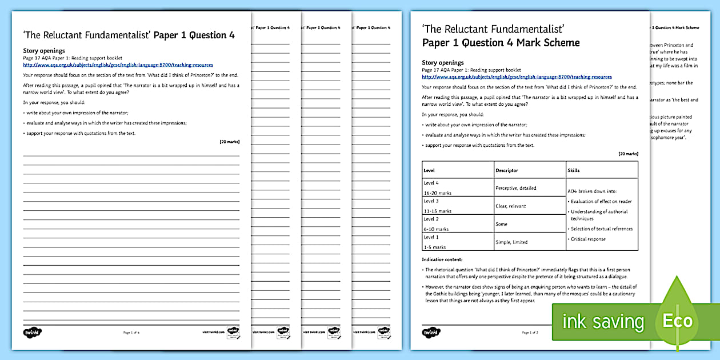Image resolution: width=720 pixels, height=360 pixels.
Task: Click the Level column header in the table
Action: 429,170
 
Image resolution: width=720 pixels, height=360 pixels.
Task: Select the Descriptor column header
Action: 507,170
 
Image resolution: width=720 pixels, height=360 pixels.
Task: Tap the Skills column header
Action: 574,170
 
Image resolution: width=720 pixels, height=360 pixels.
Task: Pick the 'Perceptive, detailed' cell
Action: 516,188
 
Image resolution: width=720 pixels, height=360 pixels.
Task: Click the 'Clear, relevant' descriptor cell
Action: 511,206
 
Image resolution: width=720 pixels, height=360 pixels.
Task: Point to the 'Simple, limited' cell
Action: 512,242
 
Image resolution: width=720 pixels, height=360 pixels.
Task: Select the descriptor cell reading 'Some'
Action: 501,224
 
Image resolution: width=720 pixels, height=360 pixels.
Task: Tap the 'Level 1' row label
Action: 431,237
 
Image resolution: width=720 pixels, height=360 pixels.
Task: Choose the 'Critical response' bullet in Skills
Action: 589,239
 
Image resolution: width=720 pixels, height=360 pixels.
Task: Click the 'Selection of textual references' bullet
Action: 602,229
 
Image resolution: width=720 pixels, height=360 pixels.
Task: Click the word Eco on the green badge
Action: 678,321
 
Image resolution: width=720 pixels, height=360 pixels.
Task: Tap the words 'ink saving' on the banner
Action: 603,322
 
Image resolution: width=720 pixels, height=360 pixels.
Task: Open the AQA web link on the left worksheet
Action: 118,65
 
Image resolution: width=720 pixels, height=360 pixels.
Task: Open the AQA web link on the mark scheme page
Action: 517,77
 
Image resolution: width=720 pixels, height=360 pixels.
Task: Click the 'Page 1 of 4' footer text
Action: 131,332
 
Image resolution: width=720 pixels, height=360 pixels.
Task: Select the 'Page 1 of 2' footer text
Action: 530,332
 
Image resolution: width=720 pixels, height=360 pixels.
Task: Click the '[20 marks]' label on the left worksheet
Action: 229,141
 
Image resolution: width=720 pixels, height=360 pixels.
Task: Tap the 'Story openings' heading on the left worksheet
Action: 44,51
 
